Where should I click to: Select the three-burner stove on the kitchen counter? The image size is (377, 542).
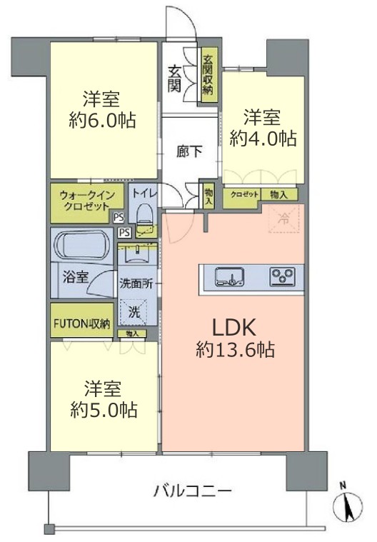281,276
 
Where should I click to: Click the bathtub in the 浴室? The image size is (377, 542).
79,248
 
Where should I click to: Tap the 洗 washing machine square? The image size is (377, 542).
134,311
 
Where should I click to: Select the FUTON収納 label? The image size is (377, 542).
80,323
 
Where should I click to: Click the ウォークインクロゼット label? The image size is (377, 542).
80,197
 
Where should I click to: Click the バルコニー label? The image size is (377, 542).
192,491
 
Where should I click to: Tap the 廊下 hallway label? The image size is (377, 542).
189,151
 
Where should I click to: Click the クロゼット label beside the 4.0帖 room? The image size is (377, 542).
245,194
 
